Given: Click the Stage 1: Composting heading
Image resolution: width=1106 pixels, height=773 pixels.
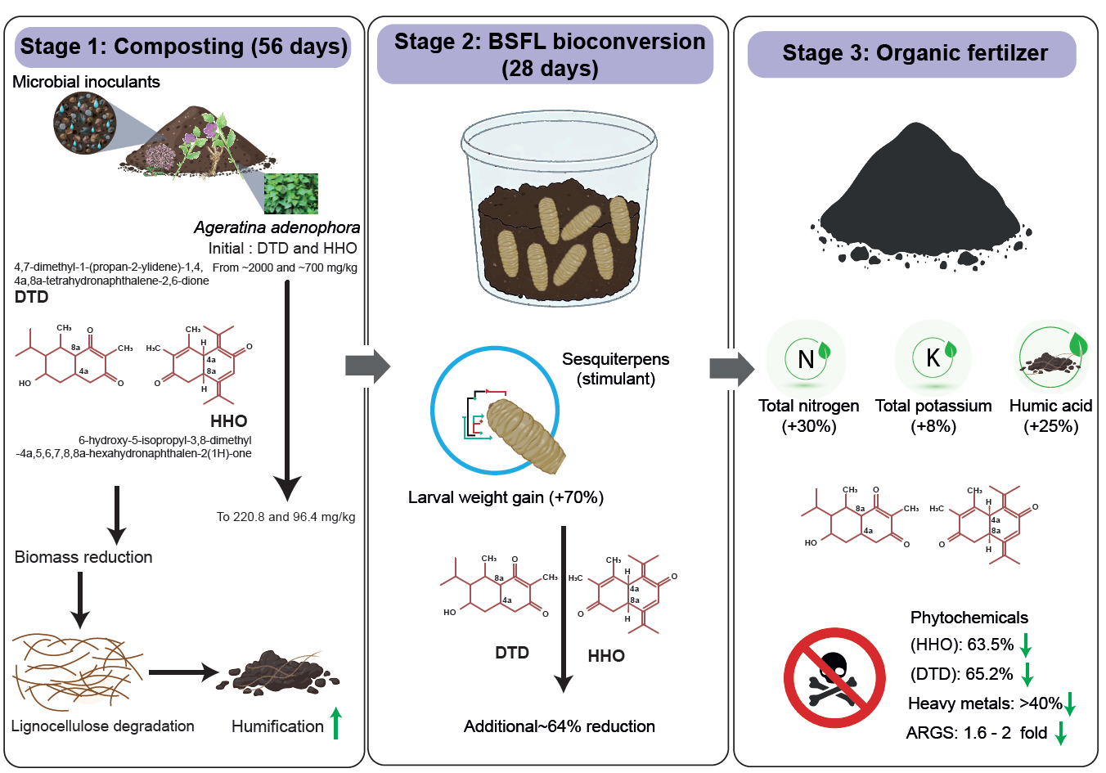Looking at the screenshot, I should pyautogui.click(x=184, y=47).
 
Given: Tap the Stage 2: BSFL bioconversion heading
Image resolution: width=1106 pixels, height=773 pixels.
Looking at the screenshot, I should pyautogui.click(x=549, y=54).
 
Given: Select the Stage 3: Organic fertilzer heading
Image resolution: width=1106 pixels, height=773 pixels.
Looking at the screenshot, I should pyautogui.click(x=914, y=54).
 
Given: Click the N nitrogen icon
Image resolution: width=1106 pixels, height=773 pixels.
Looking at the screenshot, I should pyautogui.click(x=807, y=358).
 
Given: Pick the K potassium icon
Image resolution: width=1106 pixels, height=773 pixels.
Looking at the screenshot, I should pyautogui.click(x=933, y=357).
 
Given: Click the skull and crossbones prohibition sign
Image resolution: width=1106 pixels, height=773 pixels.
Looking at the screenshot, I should pyautogui.click(x=834, y=677).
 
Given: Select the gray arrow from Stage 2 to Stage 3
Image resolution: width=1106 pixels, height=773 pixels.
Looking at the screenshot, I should pyautogui.click(x=731, y=368).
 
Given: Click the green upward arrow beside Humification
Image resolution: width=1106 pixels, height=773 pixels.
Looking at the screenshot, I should pyautogui.click(x=335, y=723).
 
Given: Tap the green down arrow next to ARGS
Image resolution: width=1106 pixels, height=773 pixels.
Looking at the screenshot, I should pyautogui.click(x=1060, y=733).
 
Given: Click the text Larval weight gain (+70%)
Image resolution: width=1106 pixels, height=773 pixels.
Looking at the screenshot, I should pyautogui.click(x=506, y=497).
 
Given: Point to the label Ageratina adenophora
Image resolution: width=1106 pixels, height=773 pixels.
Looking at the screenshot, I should pyautogui.click(x=276, y=227).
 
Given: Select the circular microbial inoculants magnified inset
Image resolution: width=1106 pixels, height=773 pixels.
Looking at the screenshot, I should pyautogui.click(x=84, y=124).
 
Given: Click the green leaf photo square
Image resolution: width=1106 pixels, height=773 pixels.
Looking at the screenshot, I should pyautogui.click(x=290, y=193).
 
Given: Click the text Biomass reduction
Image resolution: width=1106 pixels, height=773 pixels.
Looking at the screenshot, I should pyautogui.click(x=83, y=557).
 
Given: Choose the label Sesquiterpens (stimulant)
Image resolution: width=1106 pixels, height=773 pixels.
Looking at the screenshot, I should pyautogui.click(x=615, y=369).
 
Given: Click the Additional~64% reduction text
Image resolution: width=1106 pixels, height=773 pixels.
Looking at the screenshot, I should pyautogui.click(x=559, y=726).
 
